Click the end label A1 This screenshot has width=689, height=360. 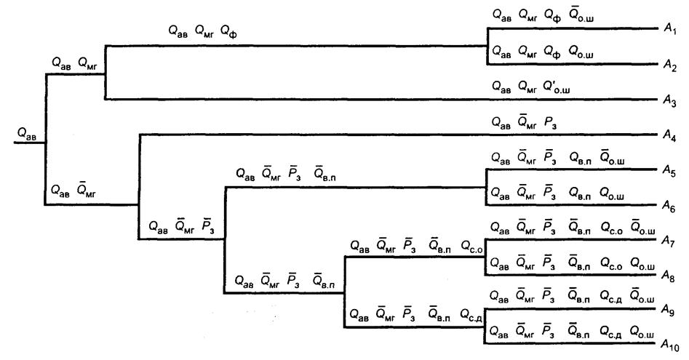[670, 30]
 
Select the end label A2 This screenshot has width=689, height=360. [670, 66]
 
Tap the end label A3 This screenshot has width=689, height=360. [669, 101]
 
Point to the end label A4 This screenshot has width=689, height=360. [669, 137]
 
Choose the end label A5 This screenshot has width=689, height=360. [669, 171]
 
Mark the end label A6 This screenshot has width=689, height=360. [669, 207]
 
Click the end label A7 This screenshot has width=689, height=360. [669, 241]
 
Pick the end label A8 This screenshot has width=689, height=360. [669, 276]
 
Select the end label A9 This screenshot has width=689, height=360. [668, 311]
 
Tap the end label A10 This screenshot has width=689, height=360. [671, 345]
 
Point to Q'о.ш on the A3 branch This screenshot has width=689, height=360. [557, 87]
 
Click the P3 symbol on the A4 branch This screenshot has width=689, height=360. [551, 122]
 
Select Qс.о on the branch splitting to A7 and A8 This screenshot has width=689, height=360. [471, 247]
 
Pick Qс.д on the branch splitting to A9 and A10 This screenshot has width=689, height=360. [471, 315]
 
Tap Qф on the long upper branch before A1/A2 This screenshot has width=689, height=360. [228, 31]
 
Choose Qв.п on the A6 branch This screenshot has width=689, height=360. [580, 193]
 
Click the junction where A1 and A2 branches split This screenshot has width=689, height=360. [487, 46]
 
